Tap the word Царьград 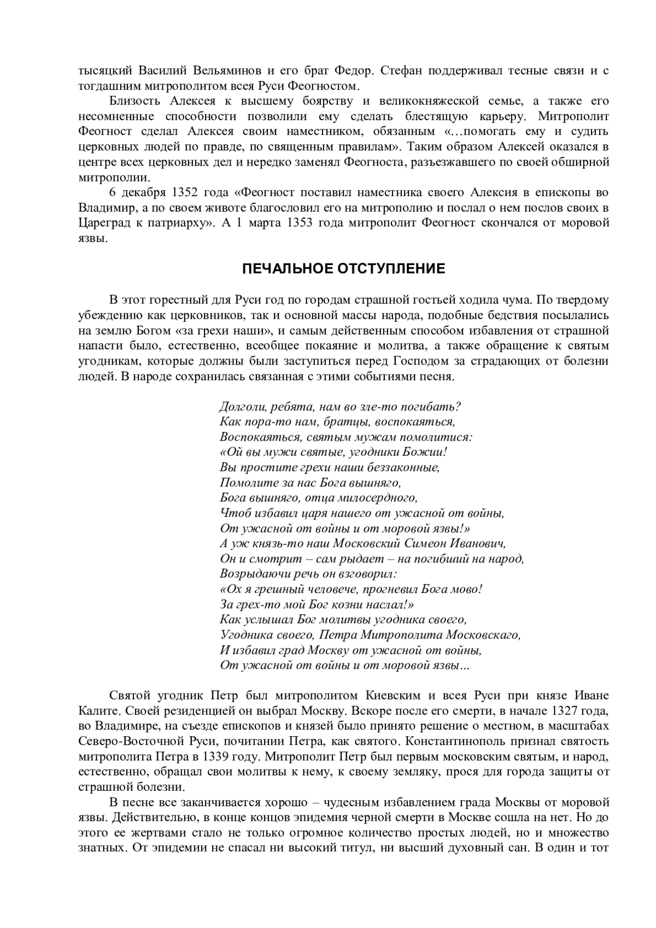[104, 223]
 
